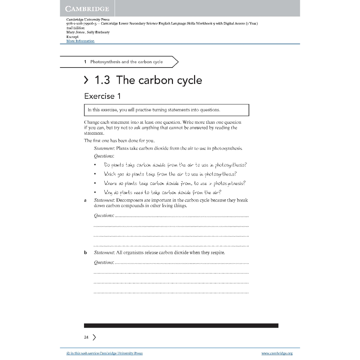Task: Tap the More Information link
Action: coord(81,41)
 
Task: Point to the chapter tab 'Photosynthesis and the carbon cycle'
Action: coord(126,62)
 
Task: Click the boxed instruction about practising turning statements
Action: coord(166,110)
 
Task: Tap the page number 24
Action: coord(86,337)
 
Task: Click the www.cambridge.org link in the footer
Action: coord(277,353)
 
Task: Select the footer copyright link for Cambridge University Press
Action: coord(104,353)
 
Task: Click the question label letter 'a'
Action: coord(85,200)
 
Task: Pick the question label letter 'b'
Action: coord(85,252)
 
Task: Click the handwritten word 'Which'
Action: coord(110,174)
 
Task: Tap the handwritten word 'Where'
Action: coord(110,183)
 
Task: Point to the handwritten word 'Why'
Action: coord(108,192)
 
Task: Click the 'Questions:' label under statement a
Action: coord(104,216)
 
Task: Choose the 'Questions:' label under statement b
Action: coord(104,262)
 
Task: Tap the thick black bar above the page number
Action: coord(181,326)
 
